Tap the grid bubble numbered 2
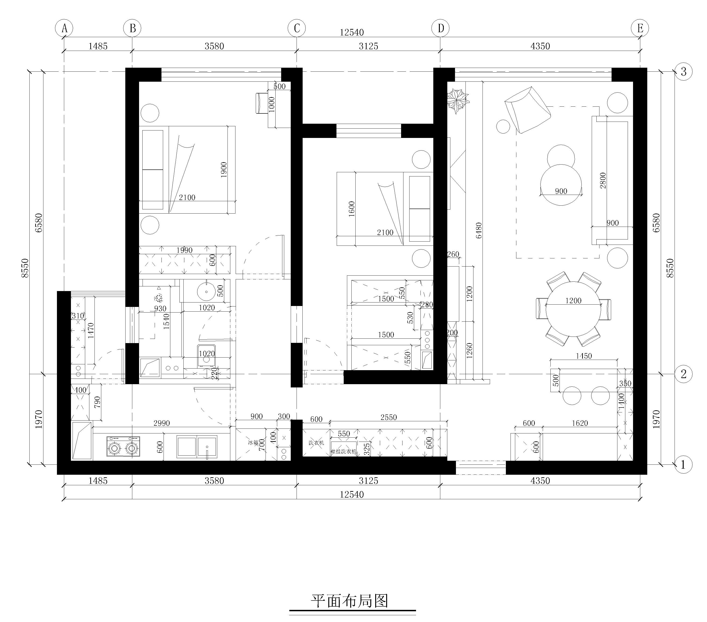pyautogui.click(x=683, y=374)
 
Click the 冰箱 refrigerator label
pyautogui.click(x=253, y=442)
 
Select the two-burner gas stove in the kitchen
pyautogui.click(x=123, y=447)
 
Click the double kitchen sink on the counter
pyautogui.click(x=197, y=447)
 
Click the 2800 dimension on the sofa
pyautogui.click(x=603, y=180)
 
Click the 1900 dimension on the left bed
pyautogui.click(x=224, y=169)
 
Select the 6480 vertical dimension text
pyautogui.click(x=479, y=230)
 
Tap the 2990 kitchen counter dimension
pyautogui.click(x=161, y=423)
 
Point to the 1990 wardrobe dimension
pyautogui.click(x=184, y=250)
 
